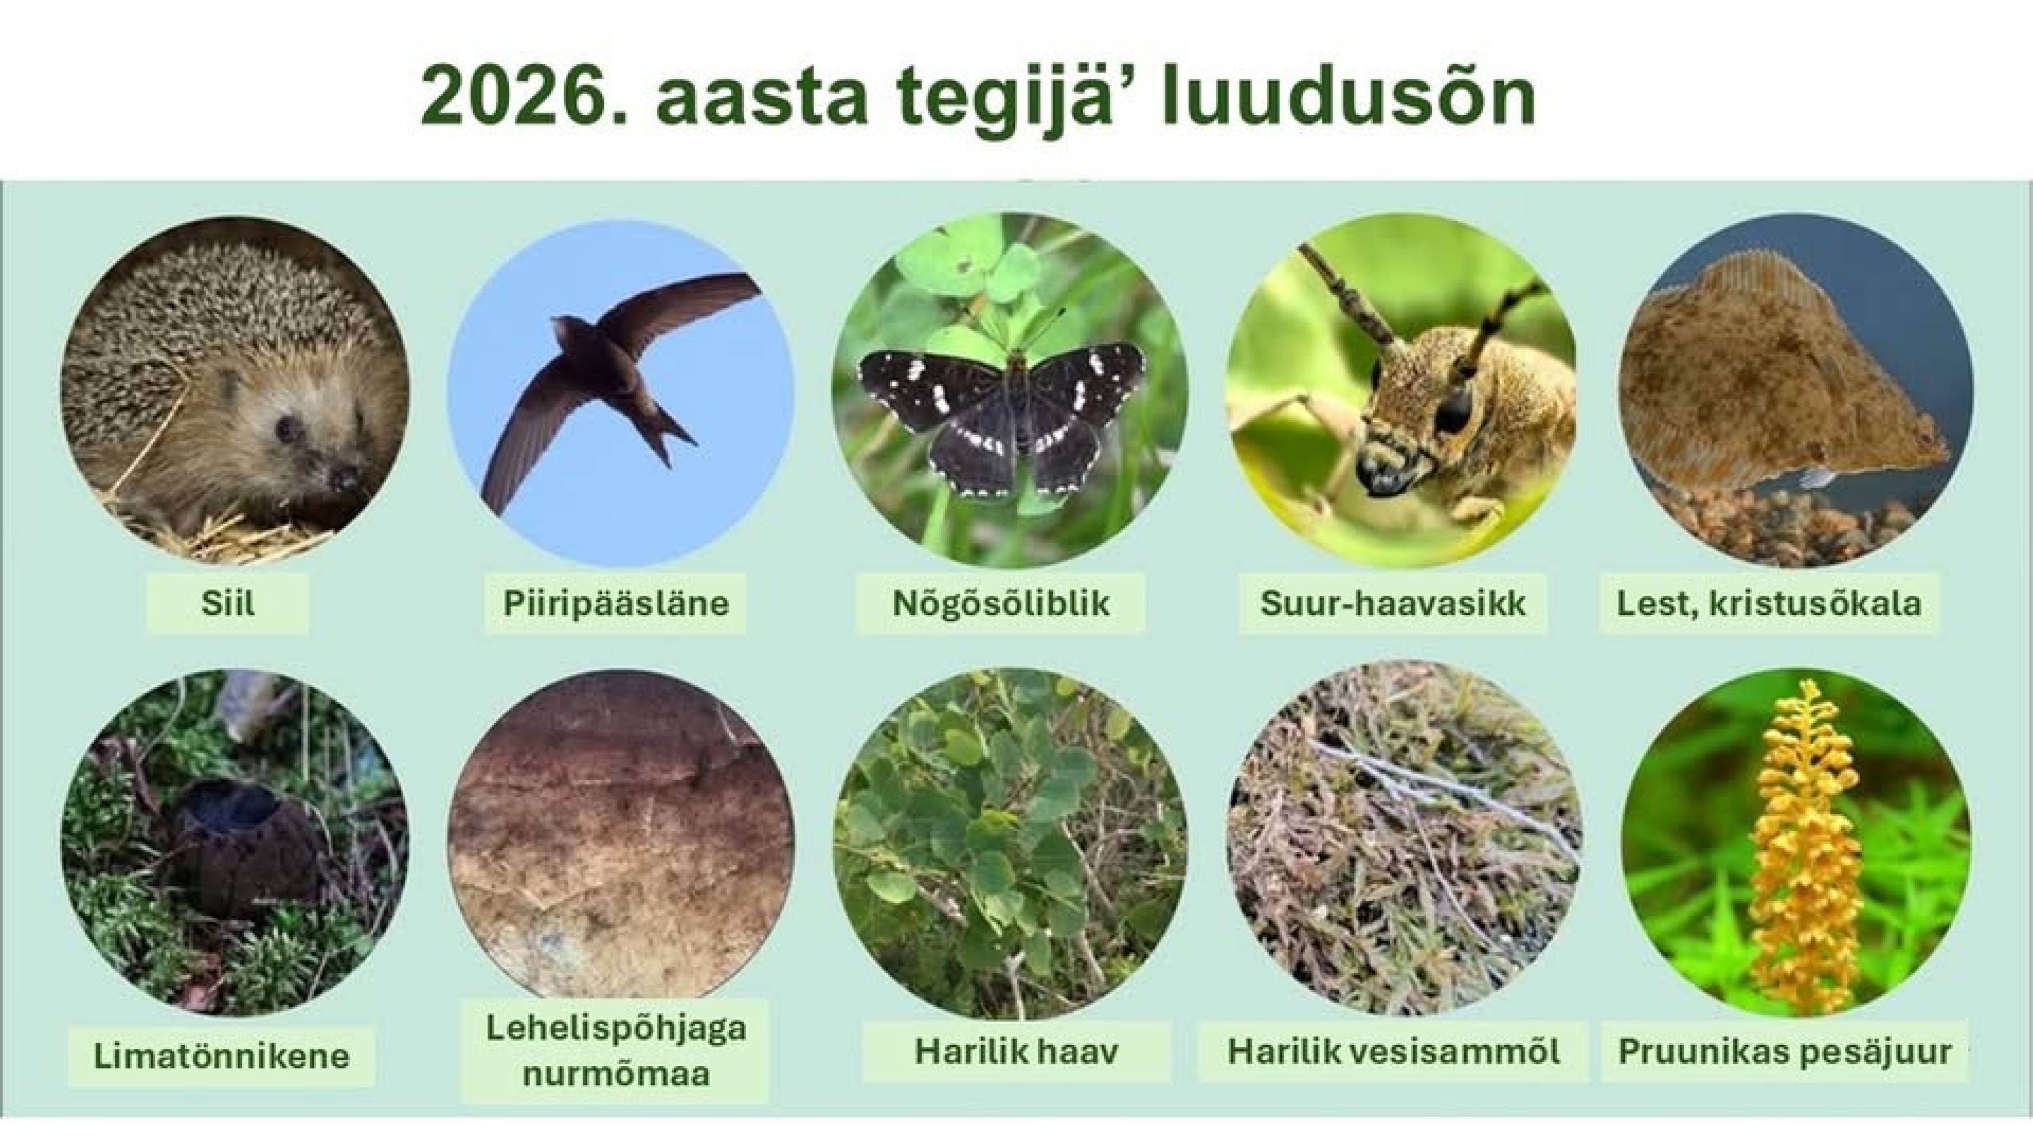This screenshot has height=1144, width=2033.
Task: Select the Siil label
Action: pyautogui.click(x=228, y=604)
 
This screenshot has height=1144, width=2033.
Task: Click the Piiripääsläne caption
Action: pyautogui.click(x=616, y=604)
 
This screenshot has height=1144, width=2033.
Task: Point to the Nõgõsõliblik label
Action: pyautogui.click(x=1000, y=604)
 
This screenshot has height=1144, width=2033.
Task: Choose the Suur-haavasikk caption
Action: pyautogui.click(x=1392, y=604)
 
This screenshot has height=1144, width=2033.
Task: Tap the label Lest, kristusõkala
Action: pyautogui.click(x=1769, y=604)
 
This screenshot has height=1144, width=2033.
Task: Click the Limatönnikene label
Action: pyautogui.click(x=221, y=1055)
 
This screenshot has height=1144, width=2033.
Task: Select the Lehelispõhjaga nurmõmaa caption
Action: pyautogui.click(x=616, y=1051)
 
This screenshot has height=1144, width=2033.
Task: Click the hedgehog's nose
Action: pyautogui.click(x=345, y=478)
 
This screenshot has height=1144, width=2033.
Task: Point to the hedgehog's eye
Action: pyautogui.click(x=286, y=428)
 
